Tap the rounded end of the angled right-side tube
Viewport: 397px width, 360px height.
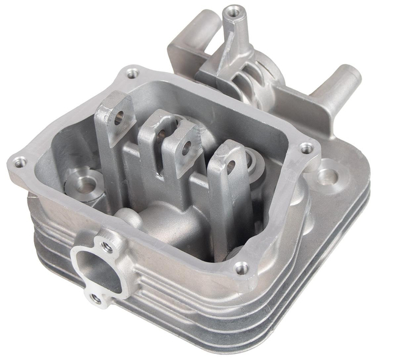click(353, 74)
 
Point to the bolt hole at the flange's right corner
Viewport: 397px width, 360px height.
click(307, 147)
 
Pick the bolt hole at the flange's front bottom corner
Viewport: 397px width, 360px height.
click(242, 267)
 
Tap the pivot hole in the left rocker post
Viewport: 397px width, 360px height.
click(120, 117)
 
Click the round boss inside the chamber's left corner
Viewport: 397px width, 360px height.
click(82, 183)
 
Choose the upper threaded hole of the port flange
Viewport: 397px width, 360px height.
click(107, 247)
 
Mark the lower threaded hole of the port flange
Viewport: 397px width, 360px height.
click(95, 298)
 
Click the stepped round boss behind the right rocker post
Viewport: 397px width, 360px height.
click(252, 162)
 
